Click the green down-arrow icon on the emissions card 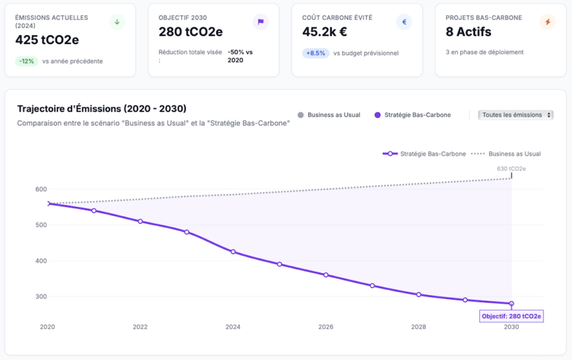tap(117, 22)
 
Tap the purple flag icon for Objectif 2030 tap(260, 22)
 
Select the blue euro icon tap(404, 22)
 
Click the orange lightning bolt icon tap(547, 22)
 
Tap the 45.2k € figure tap(325, 32)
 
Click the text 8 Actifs tap(468, 32)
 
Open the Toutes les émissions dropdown tap(516, 115)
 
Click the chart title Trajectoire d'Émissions tap(102, 108)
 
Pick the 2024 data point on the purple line tap(233, 252)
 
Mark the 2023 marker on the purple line tap(187, 232)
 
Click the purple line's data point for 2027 tap(372, 286)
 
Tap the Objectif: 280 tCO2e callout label tap(512, 316)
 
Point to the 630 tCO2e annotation tap(511, 168)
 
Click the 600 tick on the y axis tap(40, 189)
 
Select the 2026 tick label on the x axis tap(326, 327)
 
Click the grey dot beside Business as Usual tap(301, 115)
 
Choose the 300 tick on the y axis tap(40, 296)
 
